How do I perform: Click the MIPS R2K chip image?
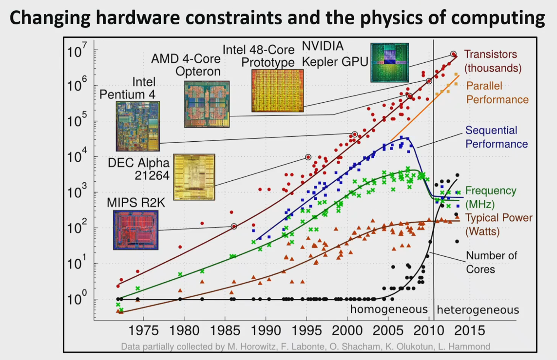pyautogui.click(x=136, y=230)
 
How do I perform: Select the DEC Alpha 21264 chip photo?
pyautogui.click(x=194, y=177)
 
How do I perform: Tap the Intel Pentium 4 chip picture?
pyautogui.click(x=138, y=126)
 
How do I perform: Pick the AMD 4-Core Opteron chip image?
pyautogui.click(x=207, y=104)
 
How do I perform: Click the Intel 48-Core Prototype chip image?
pyautogui.click(x=277, y=91)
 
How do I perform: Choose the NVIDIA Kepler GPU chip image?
pyautogui.click(x=389, y=63)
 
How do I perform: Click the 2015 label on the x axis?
pyautogui.click(x=469, y=331)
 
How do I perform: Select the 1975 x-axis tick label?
pyautogui.click(x=144, y=331)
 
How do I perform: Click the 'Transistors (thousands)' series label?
pyautogui.click(x=492, y=61)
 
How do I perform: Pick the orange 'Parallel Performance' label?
pyautogui.click(x=497, y=93)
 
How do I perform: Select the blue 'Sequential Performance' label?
pyautogui.click(x=496, y=137)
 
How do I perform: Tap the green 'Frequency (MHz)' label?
pyautogui.click(x=490, y=197)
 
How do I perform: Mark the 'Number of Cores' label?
pyautogui.click(x=491, y=262)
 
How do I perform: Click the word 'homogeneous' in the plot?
pyautogui.click(x=389, y=309)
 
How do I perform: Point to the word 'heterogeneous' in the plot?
pyautogui.click(x=478, y=310)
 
